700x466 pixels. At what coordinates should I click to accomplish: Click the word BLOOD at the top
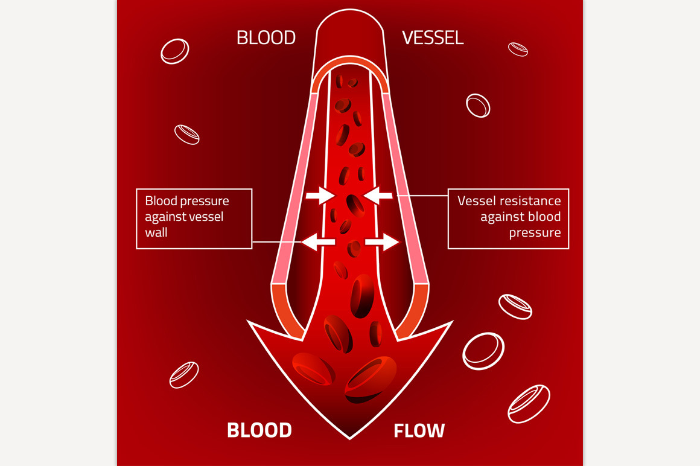266,38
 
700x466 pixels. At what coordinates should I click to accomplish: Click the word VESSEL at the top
433,38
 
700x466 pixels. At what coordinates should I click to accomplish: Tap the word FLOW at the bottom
419,430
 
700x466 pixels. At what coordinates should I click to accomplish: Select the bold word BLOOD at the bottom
259,430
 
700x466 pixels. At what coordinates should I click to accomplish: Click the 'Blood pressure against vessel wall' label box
194,219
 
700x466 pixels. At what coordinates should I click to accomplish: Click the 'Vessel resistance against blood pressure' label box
508,219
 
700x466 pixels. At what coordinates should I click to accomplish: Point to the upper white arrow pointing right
320,195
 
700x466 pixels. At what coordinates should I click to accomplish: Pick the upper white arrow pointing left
379,195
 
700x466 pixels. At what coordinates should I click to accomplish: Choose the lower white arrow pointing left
317,242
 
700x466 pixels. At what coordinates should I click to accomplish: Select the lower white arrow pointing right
382,242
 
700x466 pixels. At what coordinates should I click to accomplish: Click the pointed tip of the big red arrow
349,436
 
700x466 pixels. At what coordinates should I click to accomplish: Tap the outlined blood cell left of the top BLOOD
174,51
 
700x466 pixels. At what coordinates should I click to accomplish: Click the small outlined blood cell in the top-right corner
518,49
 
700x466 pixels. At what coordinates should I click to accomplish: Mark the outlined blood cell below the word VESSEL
478,105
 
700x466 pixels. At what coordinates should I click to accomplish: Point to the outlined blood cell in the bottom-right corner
529,403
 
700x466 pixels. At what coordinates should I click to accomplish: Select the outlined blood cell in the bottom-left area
184,374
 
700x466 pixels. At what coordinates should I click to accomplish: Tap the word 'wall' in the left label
156,232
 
